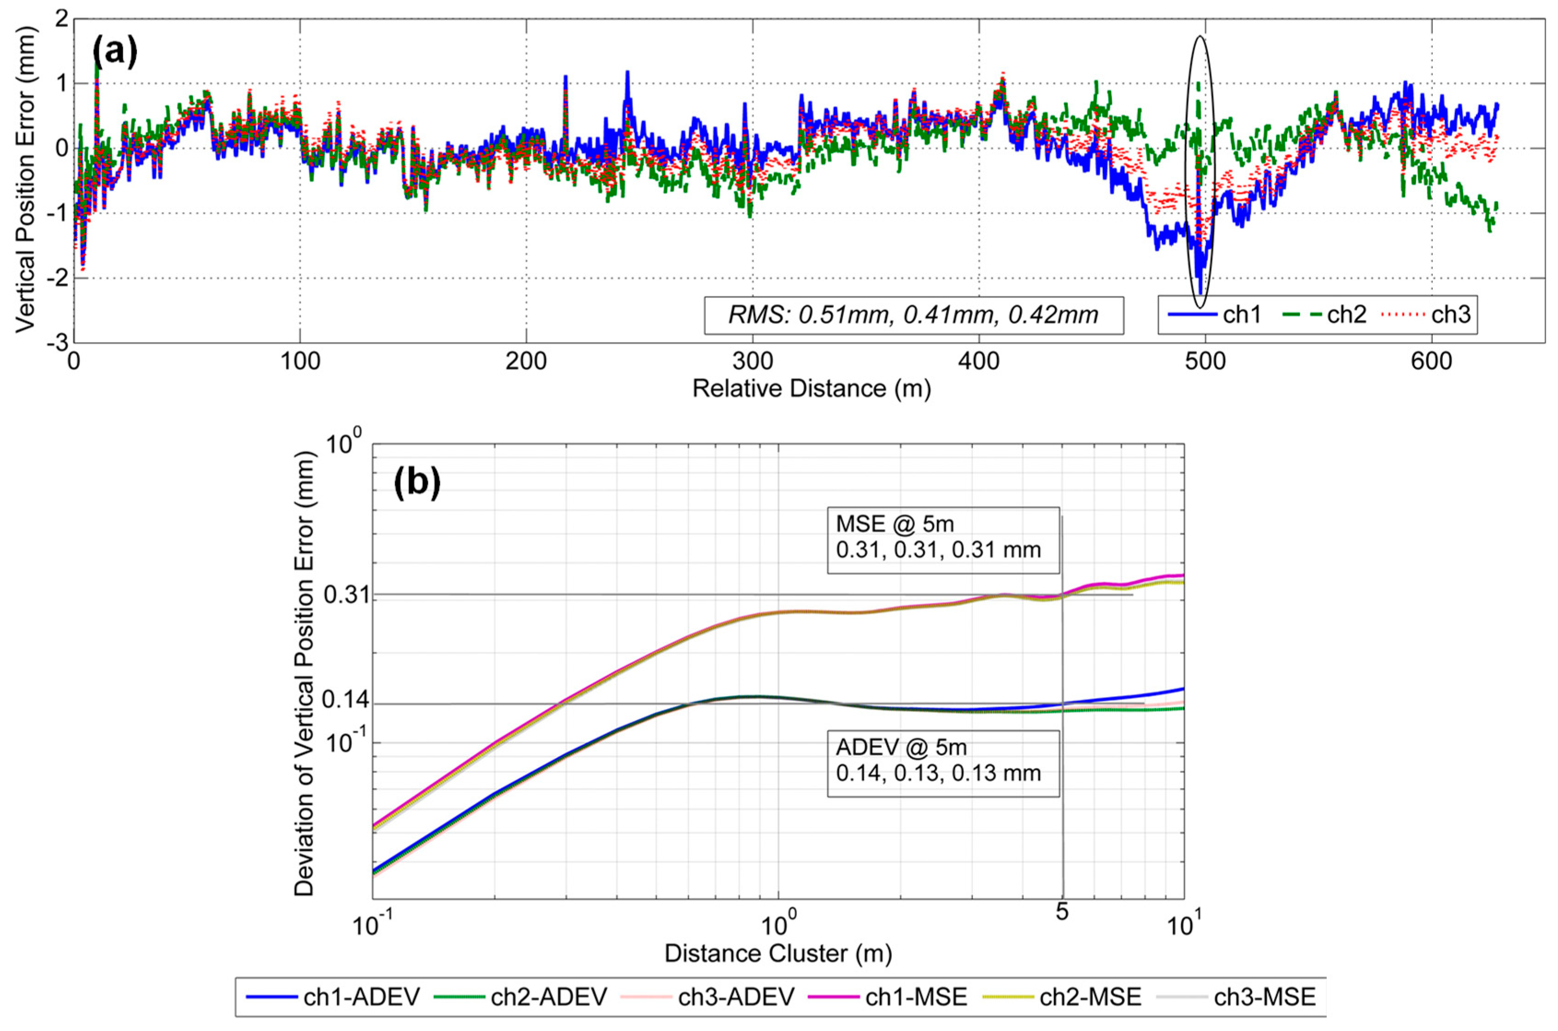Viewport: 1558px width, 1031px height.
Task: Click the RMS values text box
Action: (x=913, y=315)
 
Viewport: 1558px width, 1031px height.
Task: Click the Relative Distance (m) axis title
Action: (x=811, y=389)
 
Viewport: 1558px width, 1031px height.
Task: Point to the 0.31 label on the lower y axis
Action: (x=346, y=595)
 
